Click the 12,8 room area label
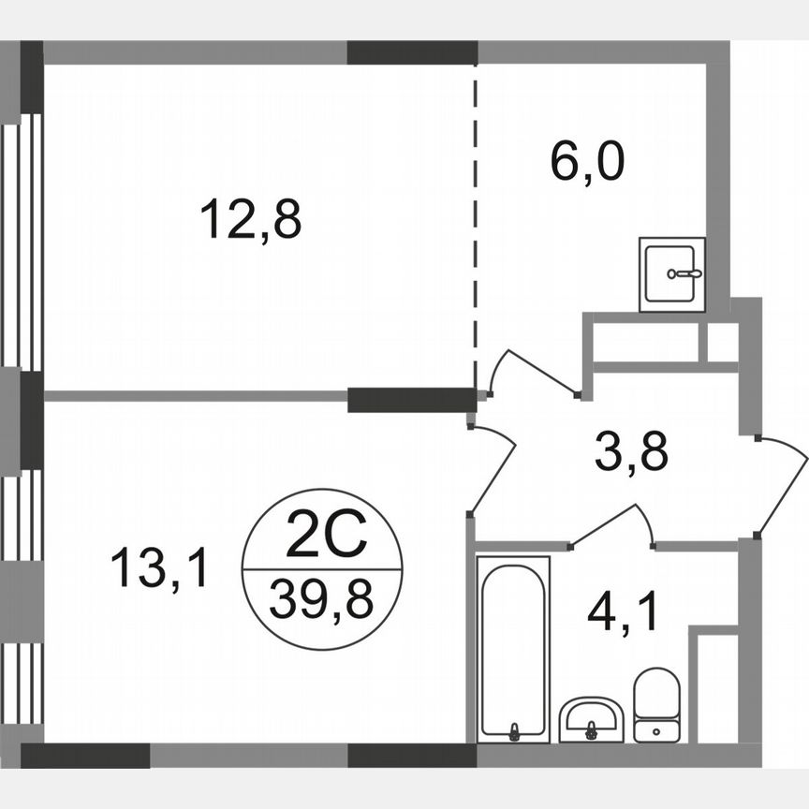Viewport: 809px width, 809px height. click(x=250, y=221)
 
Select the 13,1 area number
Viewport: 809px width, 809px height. click(x=159, y=568)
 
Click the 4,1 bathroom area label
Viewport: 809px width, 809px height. click(x=624, y=614)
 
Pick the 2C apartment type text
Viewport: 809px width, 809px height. click(x=321, y=538)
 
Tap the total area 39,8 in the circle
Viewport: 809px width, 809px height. click(x=321, y=598)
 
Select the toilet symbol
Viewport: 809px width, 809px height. click(x=656, y=704)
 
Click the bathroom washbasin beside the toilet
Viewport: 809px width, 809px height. click(x=591, y=719)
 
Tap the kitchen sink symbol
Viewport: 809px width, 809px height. click(x=672, y=273)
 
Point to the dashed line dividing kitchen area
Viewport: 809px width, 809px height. click(x=475, y=225)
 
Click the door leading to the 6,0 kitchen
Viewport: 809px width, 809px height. click(x=534, y=375)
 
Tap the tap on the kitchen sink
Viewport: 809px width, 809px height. click(x=685, y=273)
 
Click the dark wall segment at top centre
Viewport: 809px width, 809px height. click(x=412, y=52)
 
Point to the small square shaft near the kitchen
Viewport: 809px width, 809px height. click(x=722, y=343)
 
